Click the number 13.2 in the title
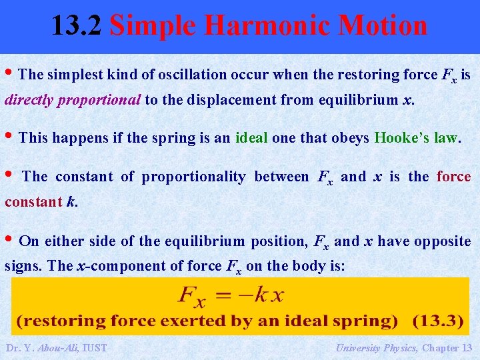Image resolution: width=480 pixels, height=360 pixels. (x=77, y=26)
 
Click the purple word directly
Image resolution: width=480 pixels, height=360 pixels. (x=29, y=100)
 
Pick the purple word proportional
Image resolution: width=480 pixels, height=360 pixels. (x=99, y=100)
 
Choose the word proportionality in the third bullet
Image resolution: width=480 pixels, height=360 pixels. (x=193, y=177)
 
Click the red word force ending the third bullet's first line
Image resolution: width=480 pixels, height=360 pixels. (x=453, y=177)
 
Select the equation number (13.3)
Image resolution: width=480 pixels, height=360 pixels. (x=437, y=321)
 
